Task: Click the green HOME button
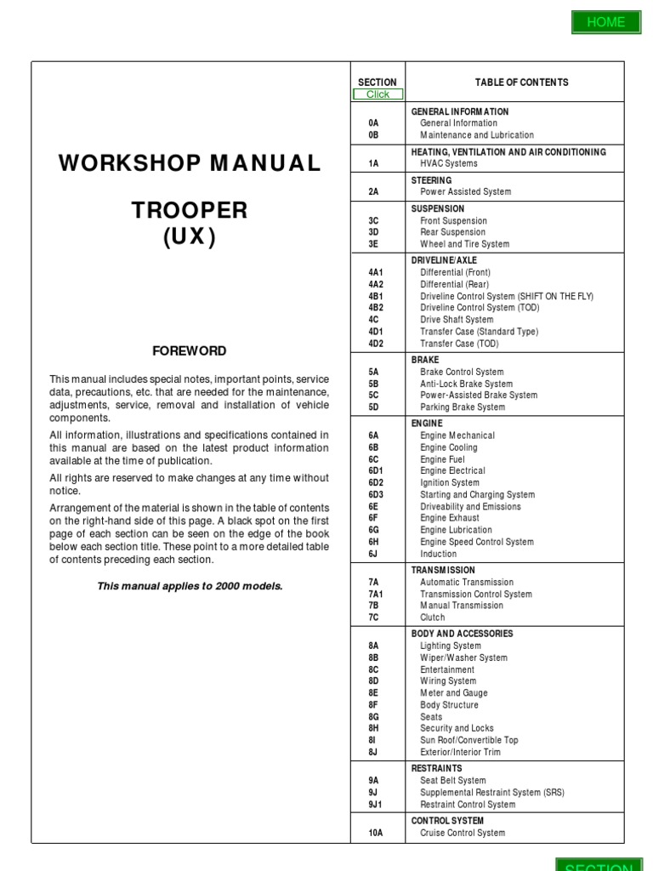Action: coord(605,22)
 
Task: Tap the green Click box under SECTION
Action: coord(378,94)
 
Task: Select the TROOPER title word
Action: coord(190,210)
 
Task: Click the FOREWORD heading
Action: coord(189,350)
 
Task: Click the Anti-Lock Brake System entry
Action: coord(466,384)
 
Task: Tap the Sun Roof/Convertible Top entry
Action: coord(468,740)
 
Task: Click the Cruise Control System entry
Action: coord(462,833)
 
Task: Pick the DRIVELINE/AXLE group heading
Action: coord(444,260)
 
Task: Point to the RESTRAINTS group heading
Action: coord(436,768)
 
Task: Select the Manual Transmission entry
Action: coord(462,606)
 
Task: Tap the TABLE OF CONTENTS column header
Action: coord(522,83)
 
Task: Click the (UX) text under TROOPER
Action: coord(190,238)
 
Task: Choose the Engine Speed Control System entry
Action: coord(477,542)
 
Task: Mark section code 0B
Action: coord(373,134)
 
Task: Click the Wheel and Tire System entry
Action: coord(464,243)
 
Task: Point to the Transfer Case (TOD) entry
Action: coord(459,344)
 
